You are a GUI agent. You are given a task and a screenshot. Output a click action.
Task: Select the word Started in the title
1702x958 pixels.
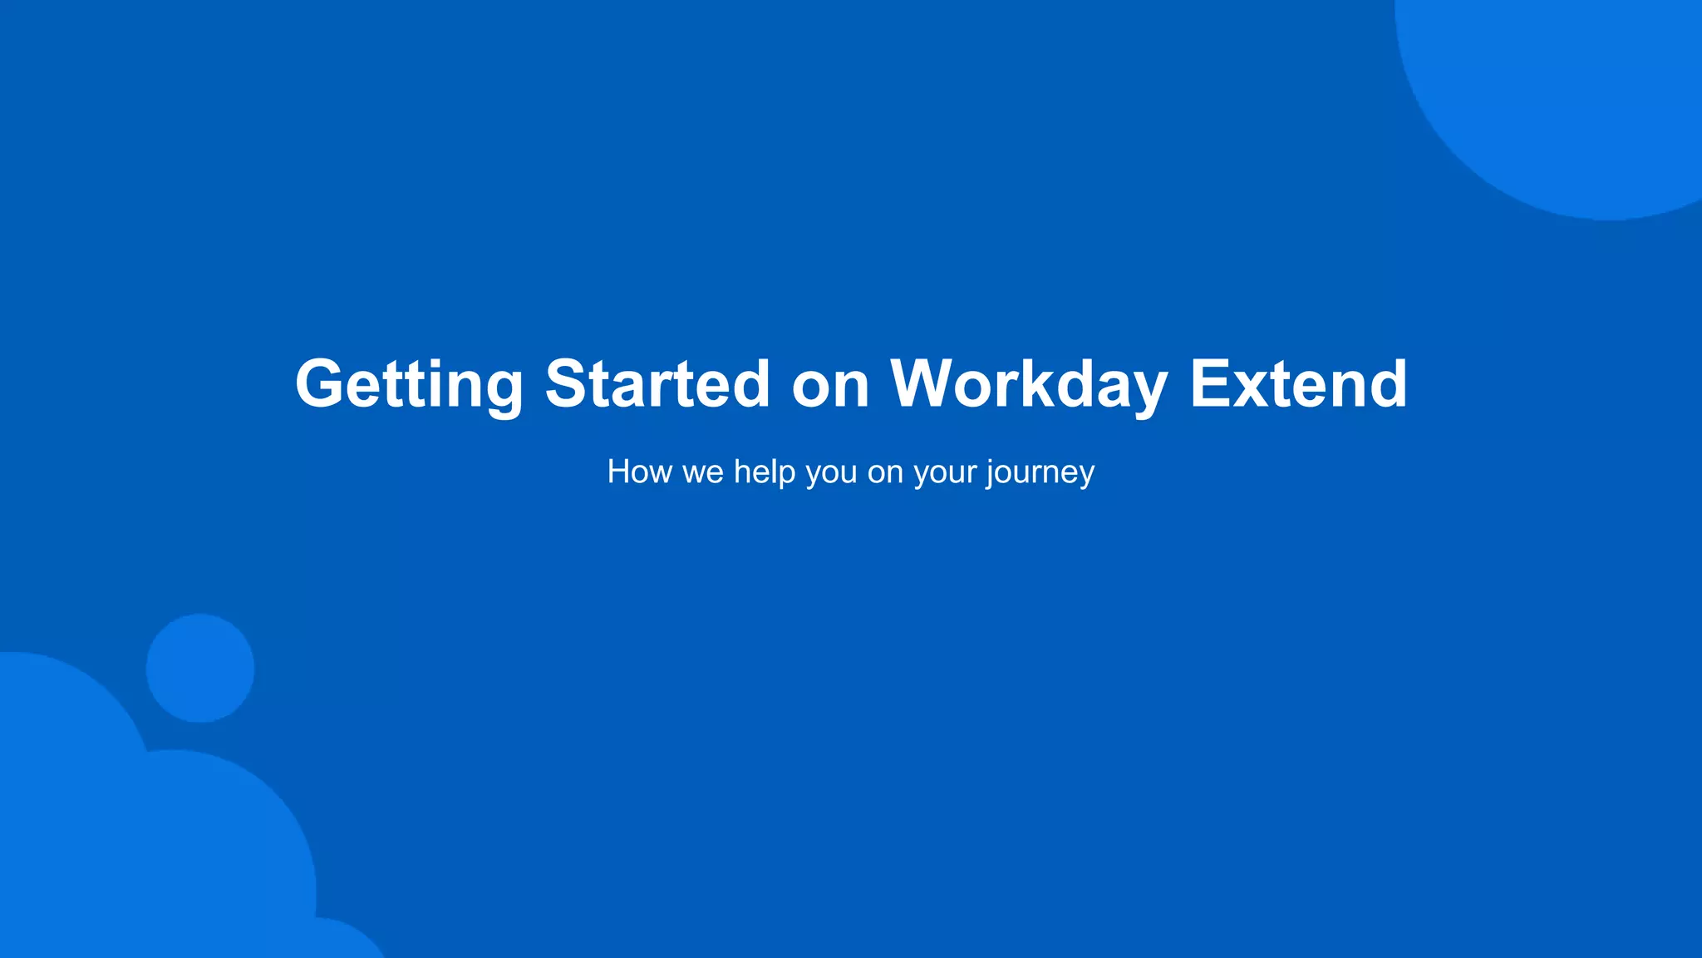coord(657,384)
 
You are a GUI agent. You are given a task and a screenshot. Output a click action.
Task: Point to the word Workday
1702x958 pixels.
coord(1029,384)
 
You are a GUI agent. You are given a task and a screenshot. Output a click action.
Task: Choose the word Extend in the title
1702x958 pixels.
coord(1298,384)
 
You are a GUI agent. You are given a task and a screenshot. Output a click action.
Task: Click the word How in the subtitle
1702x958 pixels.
coord(639,472)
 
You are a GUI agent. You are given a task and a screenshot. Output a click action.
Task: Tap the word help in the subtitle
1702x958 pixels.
coord(765,472)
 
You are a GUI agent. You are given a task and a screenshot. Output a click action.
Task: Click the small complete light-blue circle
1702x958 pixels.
coord(200,668)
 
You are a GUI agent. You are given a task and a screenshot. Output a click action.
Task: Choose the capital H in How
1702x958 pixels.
coord(618,472)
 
